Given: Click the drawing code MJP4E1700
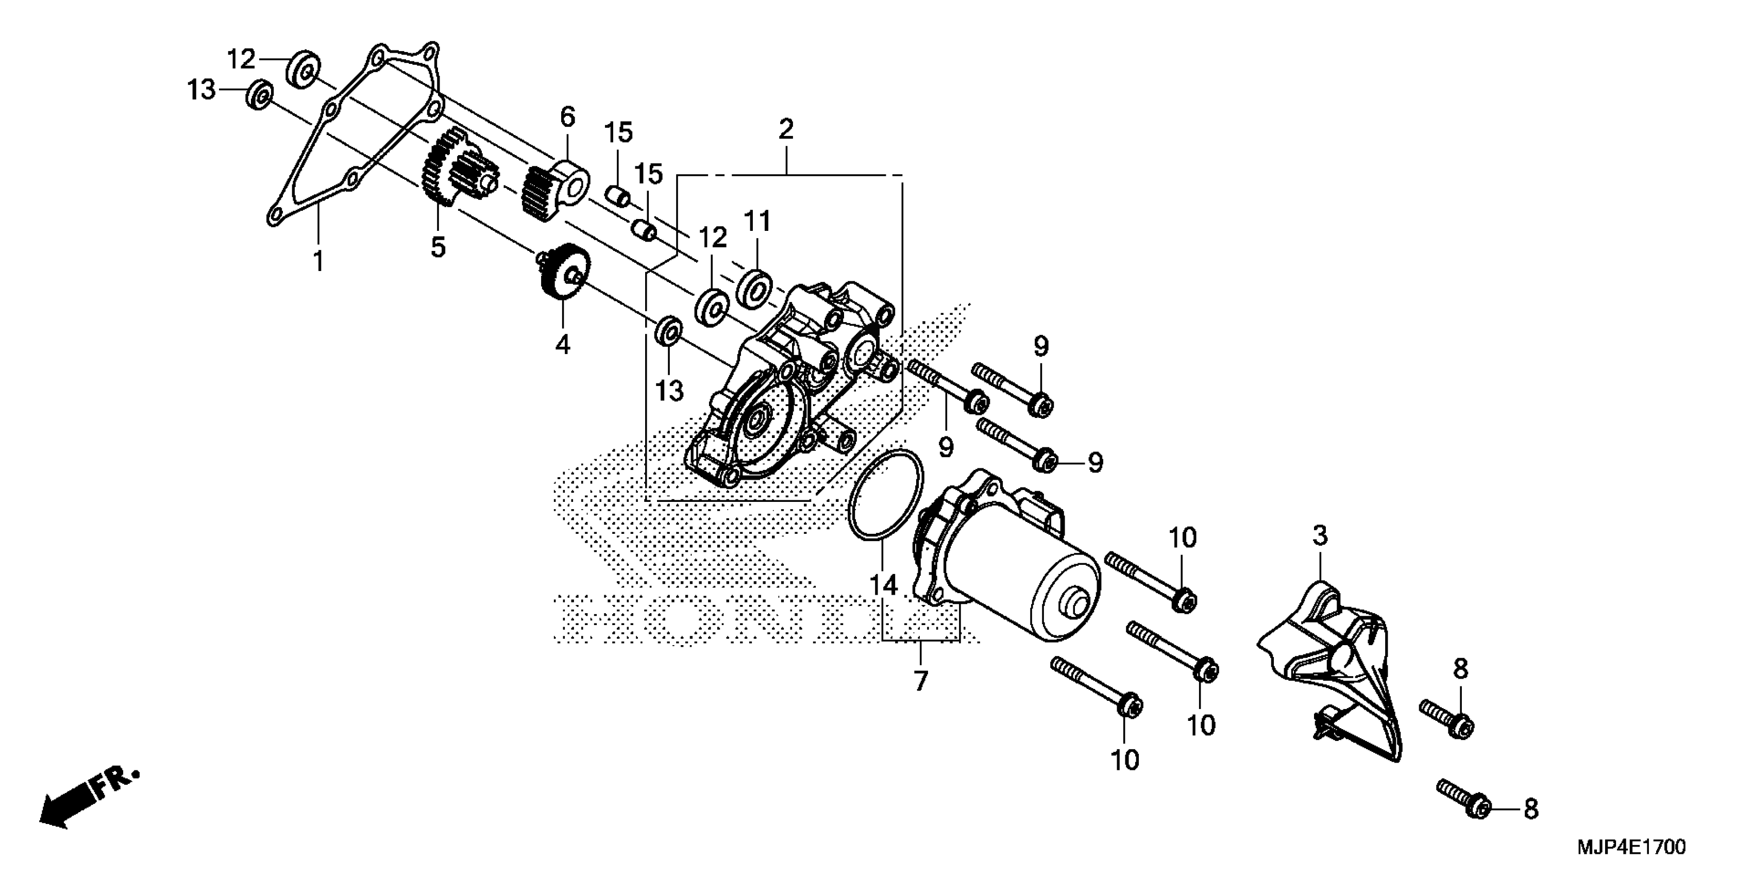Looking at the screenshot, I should click(x=1631, y=848).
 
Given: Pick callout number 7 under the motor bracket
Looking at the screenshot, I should click(x=920, y=680).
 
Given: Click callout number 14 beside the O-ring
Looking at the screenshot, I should click(x=882, y=585).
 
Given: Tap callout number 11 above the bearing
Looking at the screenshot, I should click(x=757, y=221).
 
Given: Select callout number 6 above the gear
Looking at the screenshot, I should click(x=567, y=117).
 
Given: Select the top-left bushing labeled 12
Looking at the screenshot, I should click(x=304, y=68).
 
